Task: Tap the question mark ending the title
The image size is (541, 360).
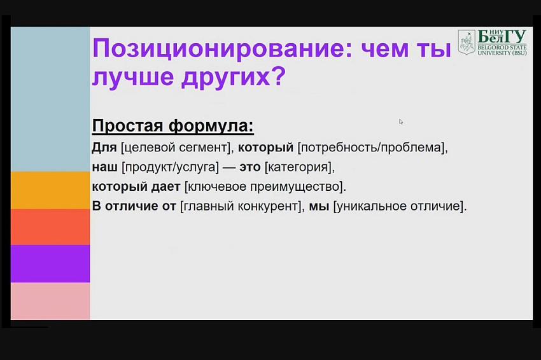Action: click(278, 76)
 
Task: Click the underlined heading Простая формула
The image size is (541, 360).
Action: click(173, 125)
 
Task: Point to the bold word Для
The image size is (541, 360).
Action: click(104, 148)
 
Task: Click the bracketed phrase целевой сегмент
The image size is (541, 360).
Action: click(176, 148)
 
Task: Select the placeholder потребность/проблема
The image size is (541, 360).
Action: click(371, 148)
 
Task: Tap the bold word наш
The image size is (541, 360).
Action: click(105, 167)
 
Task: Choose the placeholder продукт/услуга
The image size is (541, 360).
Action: click(171, 167)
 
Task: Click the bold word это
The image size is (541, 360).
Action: click(249, 167)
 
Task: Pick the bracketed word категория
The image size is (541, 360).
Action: click(298, 167)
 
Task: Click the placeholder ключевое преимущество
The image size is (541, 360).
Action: click(264, 187)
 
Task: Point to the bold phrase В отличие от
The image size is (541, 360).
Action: click(134, 206)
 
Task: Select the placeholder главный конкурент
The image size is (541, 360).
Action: click(241, 206)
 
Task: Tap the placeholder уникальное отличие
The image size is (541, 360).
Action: click(398, 206)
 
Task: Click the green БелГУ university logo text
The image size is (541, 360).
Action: click(502, 42)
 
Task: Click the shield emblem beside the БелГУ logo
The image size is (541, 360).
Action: click(467, 42)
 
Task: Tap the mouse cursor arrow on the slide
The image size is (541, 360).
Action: click(400, 121)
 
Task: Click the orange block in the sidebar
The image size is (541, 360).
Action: click(50, 190)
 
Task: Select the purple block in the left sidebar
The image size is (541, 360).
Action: click(50, 264)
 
